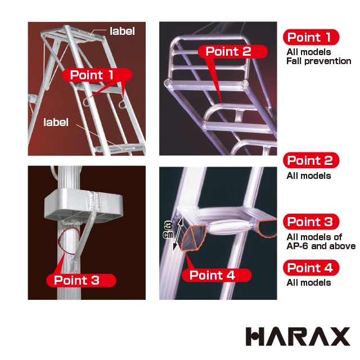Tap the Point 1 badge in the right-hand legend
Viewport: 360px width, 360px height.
pyautogui.click(x=310, y=37)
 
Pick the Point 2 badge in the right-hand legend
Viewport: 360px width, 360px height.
pyautogui.click(x=310, y=160)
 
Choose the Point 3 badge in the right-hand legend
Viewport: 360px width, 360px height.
pyautogui.click(x=310, y=222)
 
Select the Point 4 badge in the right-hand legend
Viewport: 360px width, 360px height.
pyautogui.click(x=310, y=268)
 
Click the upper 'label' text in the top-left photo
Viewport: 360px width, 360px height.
pyautogui.click(x=122, y=31)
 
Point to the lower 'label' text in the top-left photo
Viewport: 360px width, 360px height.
pyautogui.click(x=56, y=121)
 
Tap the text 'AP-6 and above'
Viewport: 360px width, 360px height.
pyautogui.click(x=321, y=246)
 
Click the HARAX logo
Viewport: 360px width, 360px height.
pyautogui.click(x=298, y=336)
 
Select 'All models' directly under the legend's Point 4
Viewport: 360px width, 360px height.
pyautogui.click(x=308, y=282)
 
